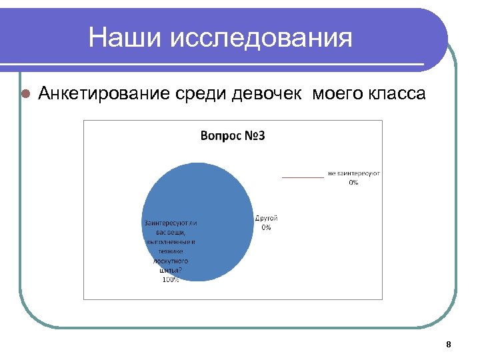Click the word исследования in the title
click(x=261, y=38)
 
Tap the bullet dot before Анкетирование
click(x=25, y=94)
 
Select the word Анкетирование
click(x=105, y=94)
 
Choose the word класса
click(x=396, y=94)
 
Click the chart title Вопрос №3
click(x=233, y=137)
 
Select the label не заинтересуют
click(x=353, y=173)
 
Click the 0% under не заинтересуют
click(x=353, y=182)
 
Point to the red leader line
click(x=303, y=177)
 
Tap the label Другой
click(x=267, y=218)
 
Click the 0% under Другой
click(x=267, y=227)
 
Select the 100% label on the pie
click(x=170, y=280)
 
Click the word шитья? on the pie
click(x=170, y=271)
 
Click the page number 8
click(x=448, y=345)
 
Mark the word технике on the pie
click(x=170, y=251)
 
